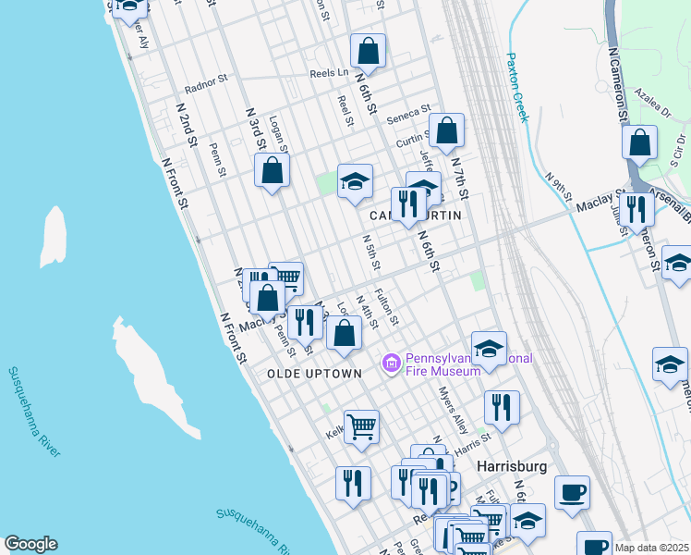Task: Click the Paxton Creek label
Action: click(516, 87)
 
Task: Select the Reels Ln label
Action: click(329, 72)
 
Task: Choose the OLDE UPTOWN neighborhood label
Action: click(314, 374)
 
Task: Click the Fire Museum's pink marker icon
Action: click(392, 364)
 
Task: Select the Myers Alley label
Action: click(453, 410)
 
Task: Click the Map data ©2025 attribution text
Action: click(652, 548)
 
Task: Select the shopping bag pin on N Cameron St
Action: click(639, 144)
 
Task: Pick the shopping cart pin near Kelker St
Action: click(361, 426)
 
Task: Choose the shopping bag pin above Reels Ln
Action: click(368, 52)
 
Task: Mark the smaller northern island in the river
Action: click(54, 236)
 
